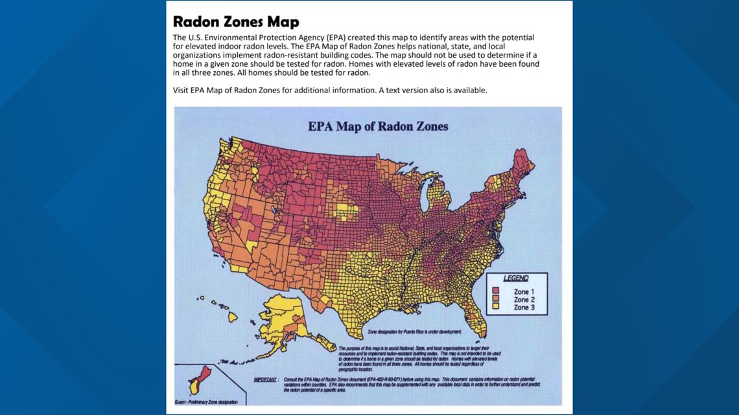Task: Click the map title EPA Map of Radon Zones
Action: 377,126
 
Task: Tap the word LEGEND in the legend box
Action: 515,278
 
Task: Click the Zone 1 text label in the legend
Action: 524,291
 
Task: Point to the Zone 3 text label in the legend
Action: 524,308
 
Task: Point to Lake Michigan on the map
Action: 425,195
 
